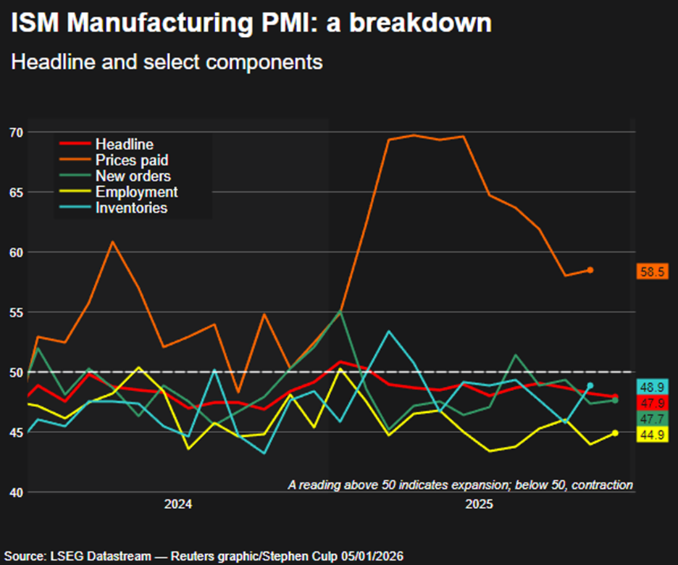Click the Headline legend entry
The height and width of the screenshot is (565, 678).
pyautogui.click(x=124, y=145)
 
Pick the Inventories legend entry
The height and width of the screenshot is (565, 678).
pyautogui.click(x=131, y=208)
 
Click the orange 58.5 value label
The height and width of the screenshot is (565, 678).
pyautogui.click(x=652, y=272)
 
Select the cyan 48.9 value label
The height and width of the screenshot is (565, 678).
pyautogui.click(x=652, y=387)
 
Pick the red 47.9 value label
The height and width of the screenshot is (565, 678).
pyautogui.click(x=652, y=403)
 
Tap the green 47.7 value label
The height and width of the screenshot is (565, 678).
pyautogui.click(x=652, y=419)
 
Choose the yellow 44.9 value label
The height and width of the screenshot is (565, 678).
pyautogui.click(x=652, y=435)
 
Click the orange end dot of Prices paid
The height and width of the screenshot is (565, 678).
pyautogui.click(x=590, y=270)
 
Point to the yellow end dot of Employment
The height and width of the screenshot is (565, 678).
pyautogui.click(x=615, y=433)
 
